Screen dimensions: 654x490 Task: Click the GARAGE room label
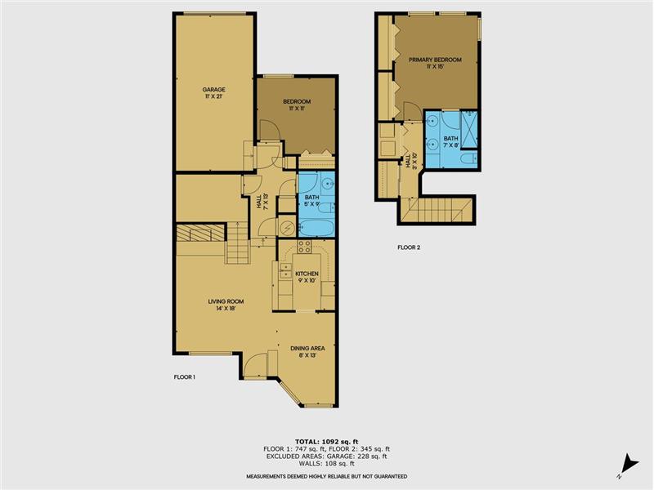coord(213,90)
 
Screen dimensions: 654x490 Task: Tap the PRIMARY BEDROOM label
coord(435,60)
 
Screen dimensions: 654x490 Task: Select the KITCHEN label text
coord(307,274)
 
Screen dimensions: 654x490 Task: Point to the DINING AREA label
coord(308,349)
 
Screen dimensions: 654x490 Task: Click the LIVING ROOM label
coord(226,301)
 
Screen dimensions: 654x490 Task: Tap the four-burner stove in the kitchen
coord(304,247)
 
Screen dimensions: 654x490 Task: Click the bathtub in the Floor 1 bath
coord(316,228)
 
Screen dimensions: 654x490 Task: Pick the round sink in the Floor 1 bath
coord(329,183)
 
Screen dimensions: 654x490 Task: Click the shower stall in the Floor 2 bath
coord(469,129)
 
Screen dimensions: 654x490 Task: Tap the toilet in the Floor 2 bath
coord(470,158)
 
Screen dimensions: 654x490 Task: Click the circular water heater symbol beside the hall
coord(287,228)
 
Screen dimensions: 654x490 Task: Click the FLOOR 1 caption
coord(185,377)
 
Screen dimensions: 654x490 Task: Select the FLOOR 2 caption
coord(409,247)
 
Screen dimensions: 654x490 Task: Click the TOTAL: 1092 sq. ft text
coord(326,442)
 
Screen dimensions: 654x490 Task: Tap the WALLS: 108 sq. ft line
coord(326,463)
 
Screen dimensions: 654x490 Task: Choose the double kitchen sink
coord(285,270)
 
